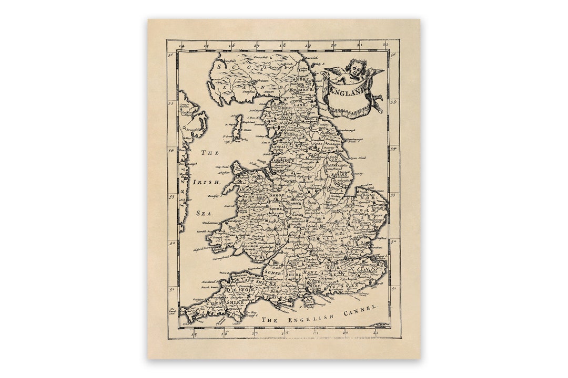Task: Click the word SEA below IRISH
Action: click(x=204, y=213)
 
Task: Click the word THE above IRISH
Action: click(x=209, y=153)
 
